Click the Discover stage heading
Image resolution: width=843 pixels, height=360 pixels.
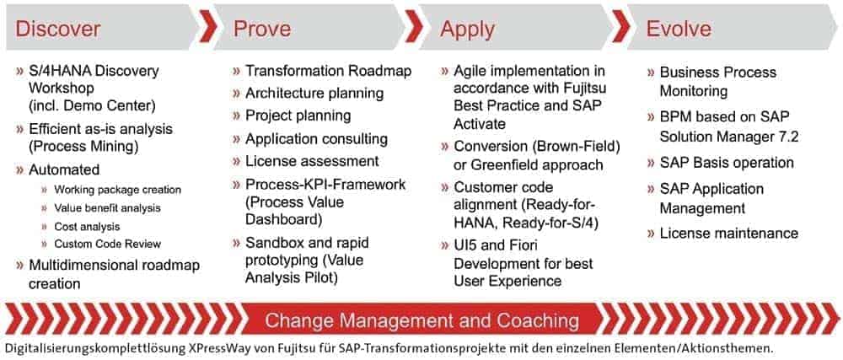coord(58,29)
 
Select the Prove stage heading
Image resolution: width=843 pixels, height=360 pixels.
coord(262,29)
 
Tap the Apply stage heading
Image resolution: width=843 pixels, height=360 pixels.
coord(467,29)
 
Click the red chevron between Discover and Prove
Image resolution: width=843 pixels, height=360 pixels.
coord(208,28)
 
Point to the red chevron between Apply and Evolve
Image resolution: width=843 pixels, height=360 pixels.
coord(621,28)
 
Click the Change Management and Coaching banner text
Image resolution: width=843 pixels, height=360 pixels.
coord(422,320)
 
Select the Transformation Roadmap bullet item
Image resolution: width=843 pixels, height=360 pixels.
coord(329,71)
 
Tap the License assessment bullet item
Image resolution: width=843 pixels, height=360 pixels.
coord(312,161)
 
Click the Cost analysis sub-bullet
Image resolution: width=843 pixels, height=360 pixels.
coord(87,227)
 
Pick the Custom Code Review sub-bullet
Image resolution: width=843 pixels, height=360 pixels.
coord(108,244)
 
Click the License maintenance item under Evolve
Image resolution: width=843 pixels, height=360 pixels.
coord(729,234)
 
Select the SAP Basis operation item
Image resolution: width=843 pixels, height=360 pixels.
coord(727,163)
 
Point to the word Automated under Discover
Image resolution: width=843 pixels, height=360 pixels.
coord(64,169)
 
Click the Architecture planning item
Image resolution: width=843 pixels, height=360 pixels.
coord(314,94)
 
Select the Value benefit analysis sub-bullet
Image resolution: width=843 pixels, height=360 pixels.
coord(108,208)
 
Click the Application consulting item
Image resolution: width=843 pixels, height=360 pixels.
coord(316,139)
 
